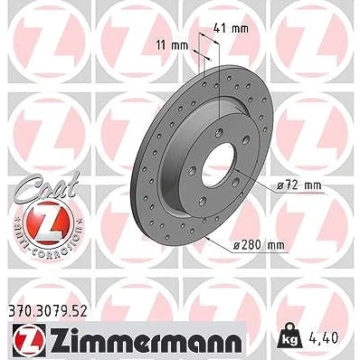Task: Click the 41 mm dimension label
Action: tap(231, 29)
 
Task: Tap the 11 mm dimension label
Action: tap(172, 46)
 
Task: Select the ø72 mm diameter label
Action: tap(298, 185)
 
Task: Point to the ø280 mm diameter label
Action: tap(259, 245)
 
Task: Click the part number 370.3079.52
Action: tap(46, 311)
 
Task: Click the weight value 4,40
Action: tap(324, 338)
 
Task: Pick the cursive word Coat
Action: tap(46, 186)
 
